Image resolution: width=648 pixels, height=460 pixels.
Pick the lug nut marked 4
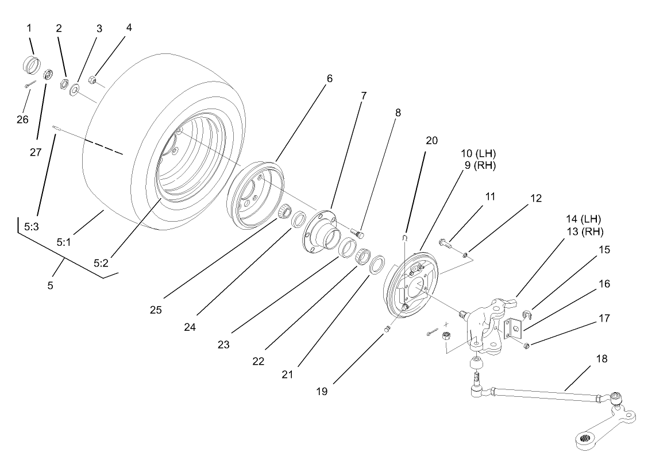92,79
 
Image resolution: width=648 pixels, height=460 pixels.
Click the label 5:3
32,227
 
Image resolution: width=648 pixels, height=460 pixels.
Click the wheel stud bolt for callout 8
359,234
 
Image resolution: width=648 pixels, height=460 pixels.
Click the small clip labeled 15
528,314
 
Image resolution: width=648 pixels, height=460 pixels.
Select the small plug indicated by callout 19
387,329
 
